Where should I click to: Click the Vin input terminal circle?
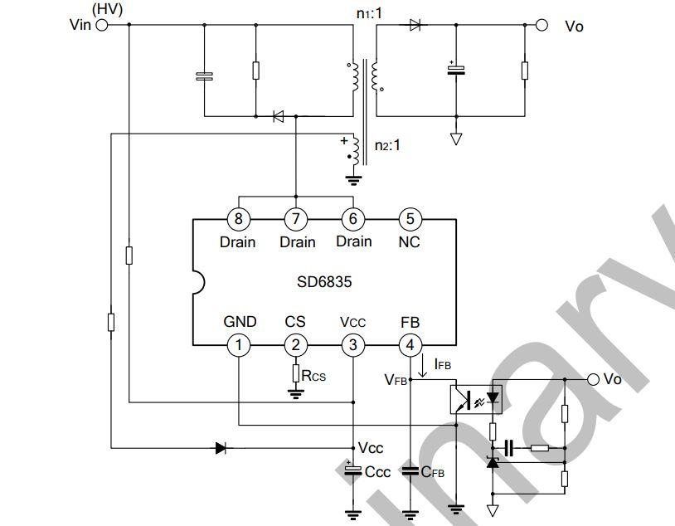tap(103, 25)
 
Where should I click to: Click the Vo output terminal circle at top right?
tap(541, 25)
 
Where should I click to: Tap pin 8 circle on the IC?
tap(238, 219)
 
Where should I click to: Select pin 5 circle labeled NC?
tap(409, 219)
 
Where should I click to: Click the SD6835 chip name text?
tap(324, 282)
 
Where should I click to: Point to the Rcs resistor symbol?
tap(295, 374)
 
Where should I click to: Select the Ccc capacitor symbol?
tap(352, 470)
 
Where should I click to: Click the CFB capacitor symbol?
tap(410, 470)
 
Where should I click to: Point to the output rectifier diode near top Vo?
tap(415, 25)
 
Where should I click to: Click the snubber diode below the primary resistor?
tap(278, 116)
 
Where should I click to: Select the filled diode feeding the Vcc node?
tap(221, 448)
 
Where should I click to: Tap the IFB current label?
tap(442, 365)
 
